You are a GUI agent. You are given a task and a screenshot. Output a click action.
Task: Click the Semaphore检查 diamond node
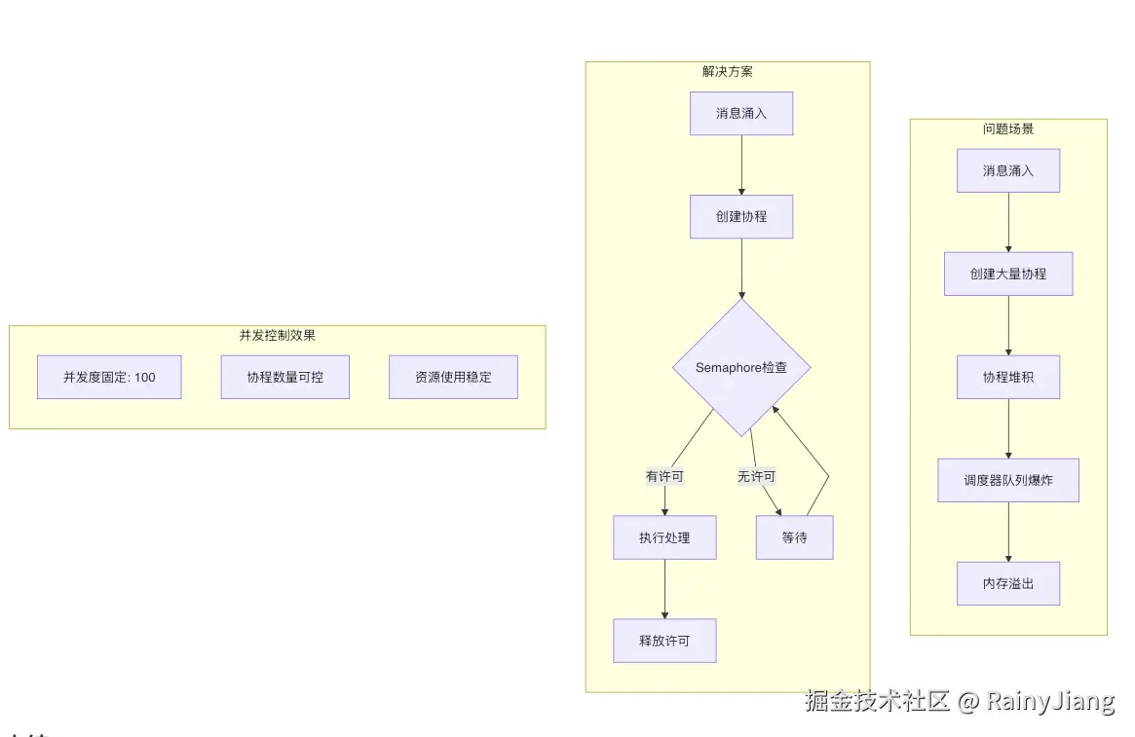[741, 368]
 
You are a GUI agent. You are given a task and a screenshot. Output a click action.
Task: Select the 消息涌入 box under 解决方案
[741, 113]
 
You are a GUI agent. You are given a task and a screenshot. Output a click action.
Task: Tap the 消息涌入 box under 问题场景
[1007, 170]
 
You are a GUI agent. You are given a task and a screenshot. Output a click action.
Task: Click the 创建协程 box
[741, 216]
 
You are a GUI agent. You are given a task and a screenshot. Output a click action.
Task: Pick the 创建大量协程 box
[1007, 274]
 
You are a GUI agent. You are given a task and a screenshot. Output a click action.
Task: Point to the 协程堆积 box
[1007, 377]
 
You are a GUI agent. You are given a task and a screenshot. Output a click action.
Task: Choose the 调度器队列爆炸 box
[1007, 480]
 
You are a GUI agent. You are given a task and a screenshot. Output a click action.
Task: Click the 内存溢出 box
[1007, 583]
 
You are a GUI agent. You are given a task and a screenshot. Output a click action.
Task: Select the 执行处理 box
[664, 537]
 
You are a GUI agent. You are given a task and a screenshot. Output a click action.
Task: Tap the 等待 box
[794, 537]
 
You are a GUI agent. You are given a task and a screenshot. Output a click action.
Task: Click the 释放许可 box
[664, 641]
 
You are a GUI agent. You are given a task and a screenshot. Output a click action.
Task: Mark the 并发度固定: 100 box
[109, 377]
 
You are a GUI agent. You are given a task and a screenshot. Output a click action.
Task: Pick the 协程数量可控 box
[284, 377]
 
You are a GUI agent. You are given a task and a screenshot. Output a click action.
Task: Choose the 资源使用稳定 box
[453, 377]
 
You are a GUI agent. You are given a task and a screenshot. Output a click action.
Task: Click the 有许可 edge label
[664, 477]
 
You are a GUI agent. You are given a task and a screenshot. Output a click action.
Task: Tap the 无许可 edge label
[756, 477]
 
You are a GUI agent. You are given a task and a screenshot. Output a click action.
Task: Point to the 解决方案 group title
[727, 71]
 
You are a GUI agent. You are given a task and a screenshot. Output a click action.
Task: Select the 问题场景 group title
[1007, 129]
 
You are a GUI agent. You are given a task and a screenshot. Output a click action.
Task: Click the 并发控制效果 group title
[277, 335]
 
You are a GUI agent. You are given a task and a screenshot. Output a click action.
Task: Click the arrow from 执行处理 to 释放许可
[664, 589]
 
